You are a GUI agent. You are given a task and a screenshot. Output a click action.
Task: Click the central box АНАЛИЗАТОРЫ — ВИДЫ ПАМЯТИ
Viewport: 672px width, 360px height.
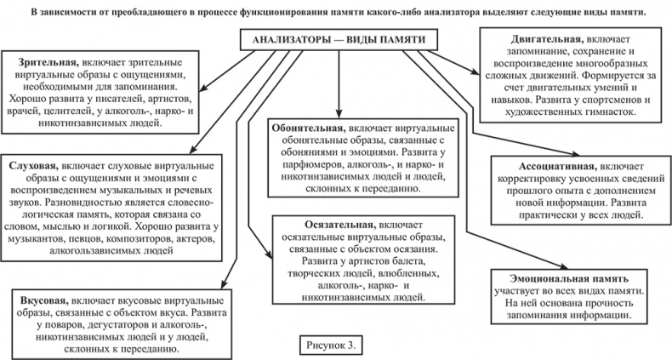(339, 40)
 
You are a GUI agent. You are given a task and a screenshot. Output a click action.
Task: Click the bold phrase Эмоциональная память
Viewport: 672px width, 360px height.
(568, 277)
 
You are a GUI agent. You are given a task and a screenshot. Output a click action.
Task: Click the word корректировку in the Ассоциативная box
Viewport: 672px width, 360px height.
(528, 180)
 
